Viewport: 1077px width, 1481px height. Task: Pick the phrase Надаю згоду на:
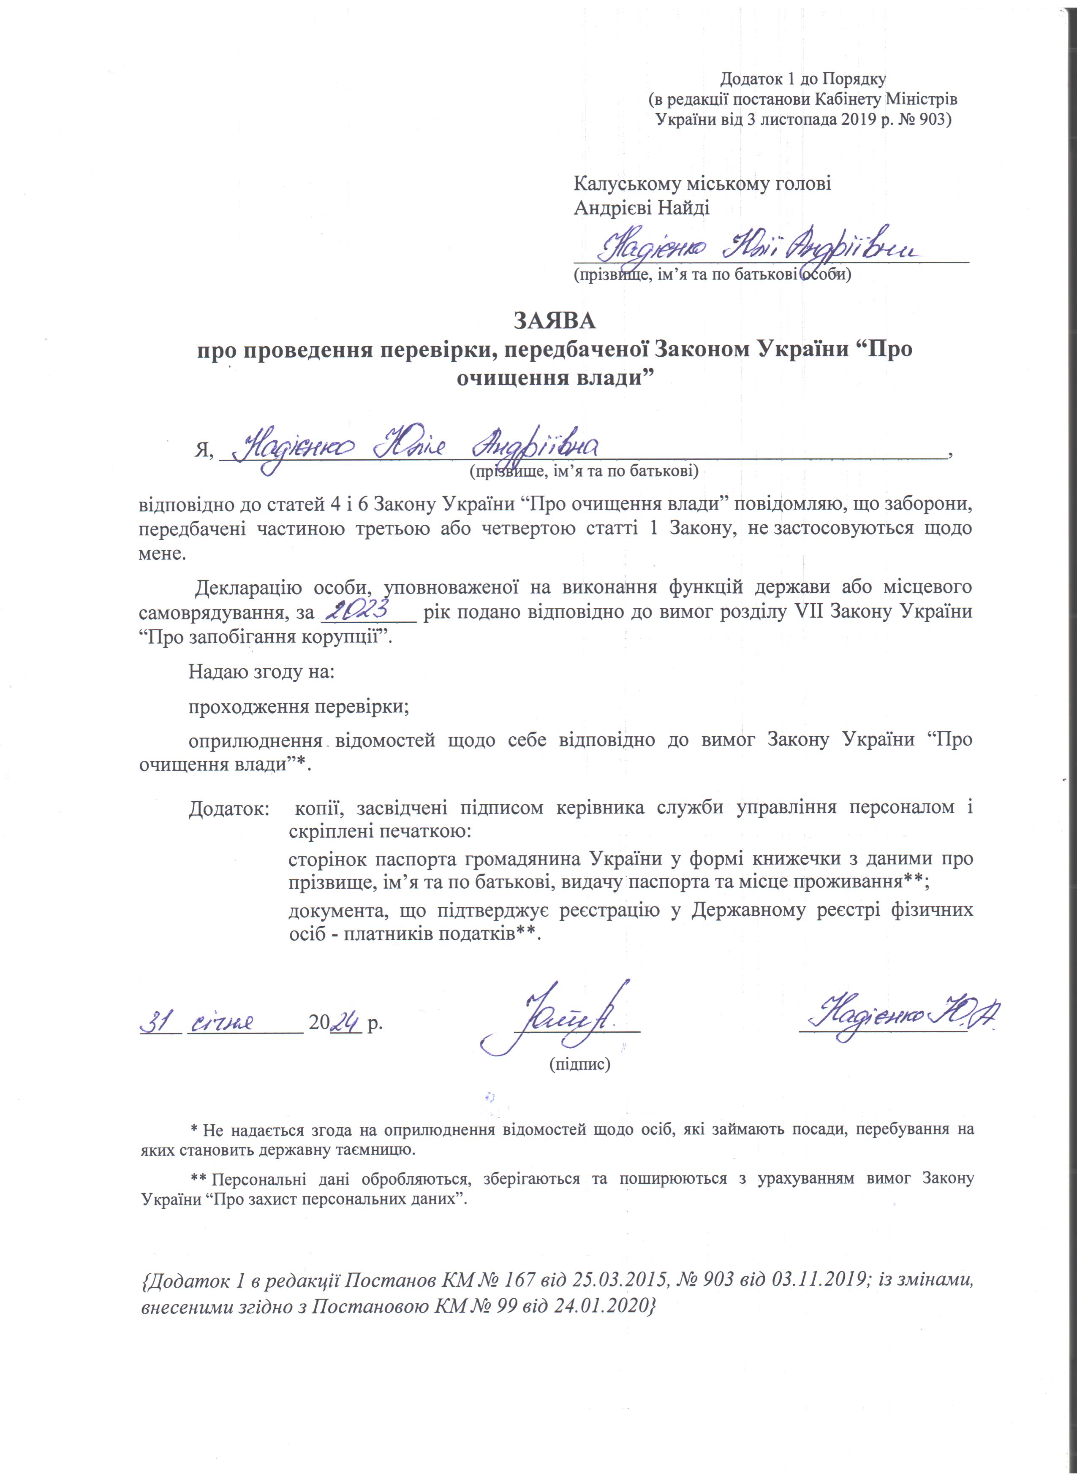[x=261, y=671]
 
